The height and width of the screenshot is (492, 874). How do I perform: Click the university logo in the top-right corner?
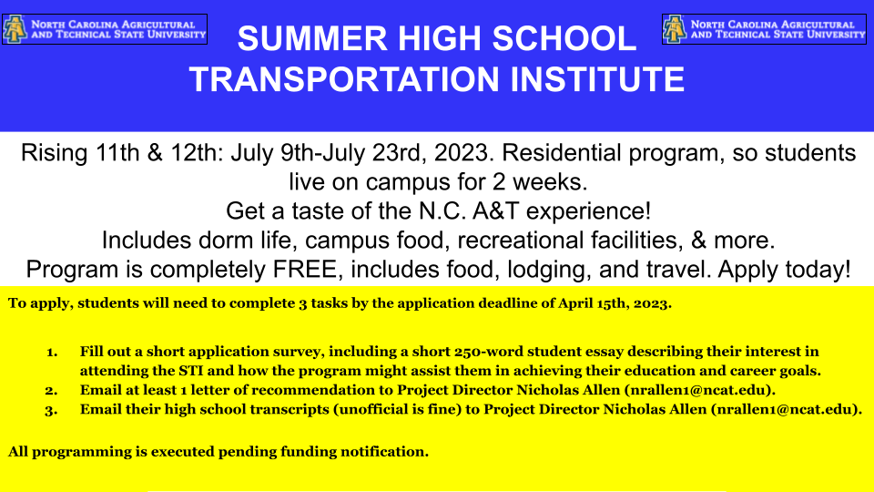coord(763,29)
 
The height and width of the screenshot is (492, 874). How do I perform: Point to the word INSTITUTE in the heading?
coord(597,80)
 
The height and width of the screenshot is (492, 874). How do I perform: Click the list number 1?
coord(52,352)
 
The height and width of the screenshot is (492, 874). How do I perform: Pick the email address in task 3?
coord(785,409)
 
